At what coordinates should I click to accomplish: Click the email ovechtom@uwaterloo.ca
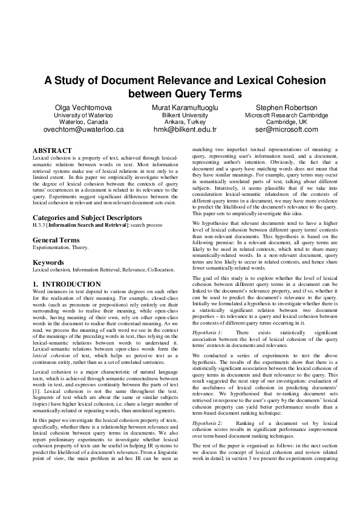pos(83,129)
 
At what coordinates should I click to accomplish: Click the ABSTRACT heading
pos(52,151)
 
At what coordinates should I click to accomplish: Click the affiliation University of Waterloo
pos(83,115)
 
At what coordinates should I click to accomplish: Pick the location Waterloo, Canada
pos(83,122)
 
